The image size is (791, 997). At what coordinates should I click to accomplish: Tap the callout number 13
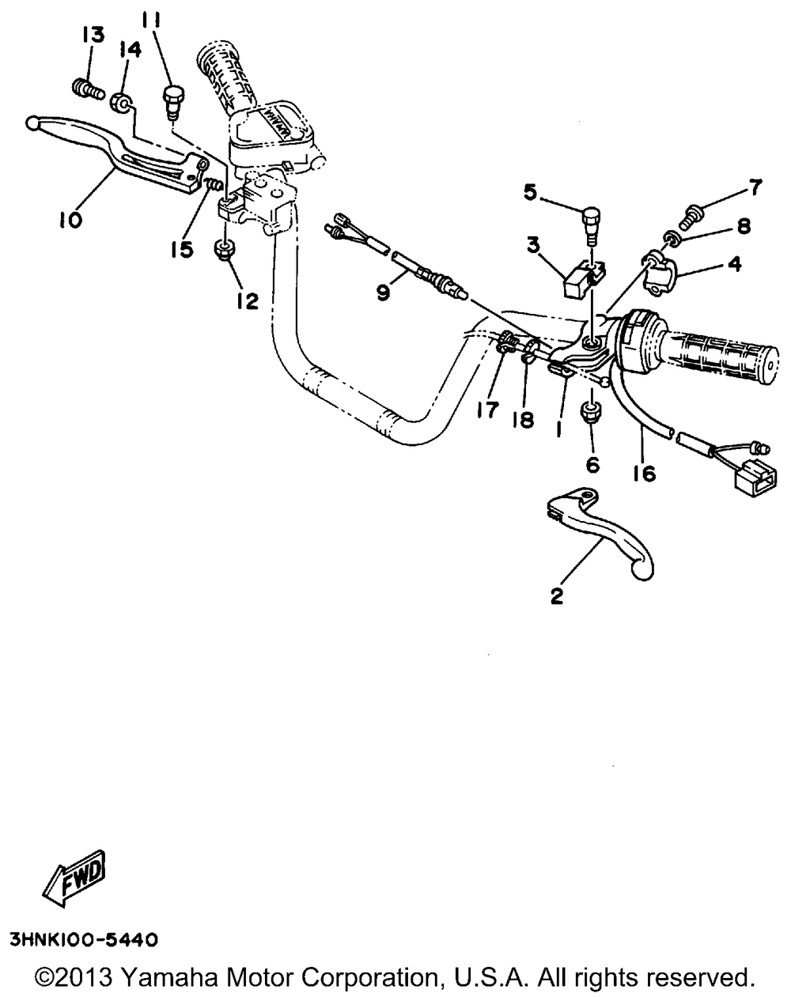point(93,35)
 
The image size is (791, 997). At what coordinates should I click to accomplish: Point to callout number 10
point(70,220)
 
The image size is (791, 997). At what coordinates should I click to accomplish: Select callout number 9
point(383,293)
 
